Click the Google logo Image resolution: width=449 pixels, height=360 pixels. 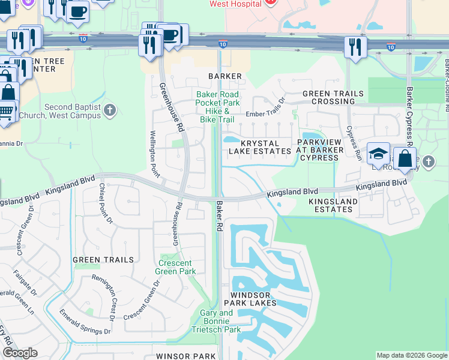coord(20,353)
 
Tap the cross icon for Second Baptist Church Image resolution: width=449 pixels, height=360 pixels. coord(109,110)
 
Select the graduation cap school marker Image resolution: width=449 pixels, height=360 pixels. coord(379,154)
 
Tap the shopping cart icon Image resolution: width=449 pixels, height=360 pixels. coord(5,111)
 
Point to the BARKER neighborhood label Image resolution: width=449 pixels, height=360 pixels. coord(225,76)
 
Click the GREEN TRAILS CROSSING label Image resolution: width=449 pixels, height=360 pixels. coord(333,98)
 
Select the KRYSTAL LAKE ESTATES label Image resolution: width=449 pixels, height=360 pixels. coord(260,148)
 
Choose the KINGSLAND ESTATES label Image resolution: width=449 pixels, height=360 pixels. coord(333,205)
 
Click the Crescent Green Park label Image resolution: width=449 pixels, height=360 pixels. coord(176,268)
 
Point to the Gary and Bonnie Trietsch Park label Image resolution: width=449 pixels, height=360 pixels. coord(216,321)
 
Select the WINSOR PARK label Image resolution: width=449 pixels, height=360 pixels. coord(185,356)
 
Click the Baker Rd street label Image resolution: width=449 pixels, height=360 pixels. coord(217,216)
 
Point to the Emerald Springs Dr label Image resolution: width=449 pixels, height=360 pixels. coord(85,321)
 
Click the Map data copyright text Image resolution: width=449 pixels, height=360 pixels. coord(412,355)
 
